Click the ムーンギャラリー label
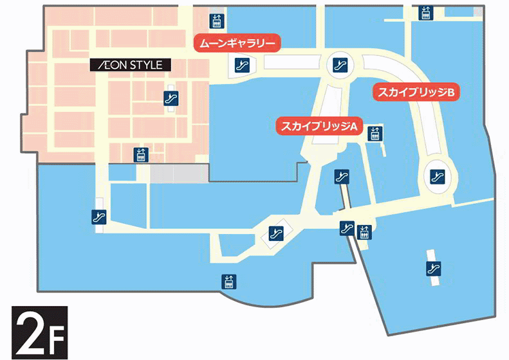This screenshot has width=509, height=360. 237,44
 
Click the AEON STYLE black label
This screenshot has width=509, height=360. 131,64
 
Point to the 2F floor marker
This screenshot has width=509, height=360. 39,332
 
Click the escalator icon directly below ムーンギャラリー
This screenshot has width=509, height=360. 243,64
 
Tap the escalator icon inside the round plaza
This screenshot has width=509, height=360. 339,64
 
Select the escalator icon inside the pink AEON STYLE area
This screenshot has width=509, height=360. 170,98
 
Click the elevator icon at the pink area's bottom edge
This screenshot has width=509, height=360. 140,154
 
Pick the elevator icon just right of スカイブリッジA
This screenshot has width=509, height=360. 374,134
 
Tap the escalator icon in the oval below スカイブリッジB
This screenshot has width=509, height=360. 437,174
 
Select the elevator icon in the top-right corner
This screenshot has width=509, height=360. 425,12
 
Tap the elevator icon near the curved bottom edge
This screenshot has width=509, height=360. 228,282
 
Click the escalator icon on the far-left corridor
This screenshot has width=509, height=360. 98,217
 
